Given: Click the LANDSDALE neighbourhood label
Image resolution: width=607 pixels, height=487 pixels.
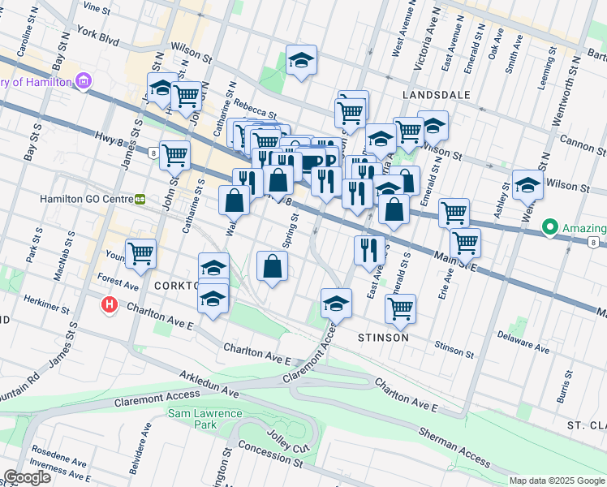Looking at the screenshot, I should point(437,95).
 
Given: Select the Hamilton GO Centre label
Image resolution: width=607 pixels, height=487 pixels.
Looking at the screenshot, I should point(86,198).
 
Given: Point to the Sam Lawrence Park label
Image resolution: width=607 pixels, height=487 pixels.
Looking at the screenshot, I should point(205,419).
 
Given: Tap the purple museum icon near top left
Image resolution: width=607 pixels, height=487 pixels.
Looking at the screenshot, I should point(82,80).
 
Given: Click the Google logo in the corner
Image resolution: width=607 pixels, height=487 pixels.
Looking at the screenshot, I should point(27,477).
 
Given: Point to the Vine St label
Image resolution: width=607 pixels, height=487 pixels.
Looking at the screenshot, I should point(96,6).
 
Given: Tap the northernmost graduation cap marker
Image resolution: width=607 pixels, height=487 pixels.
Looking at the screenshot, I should point(301,60).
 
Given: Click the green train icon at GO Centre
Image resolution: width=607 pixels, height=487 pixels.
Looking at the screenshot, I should point(140,199).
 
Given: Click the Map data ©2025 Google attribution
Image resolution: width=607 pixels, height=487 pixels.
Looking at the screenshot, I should point(557,481).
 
